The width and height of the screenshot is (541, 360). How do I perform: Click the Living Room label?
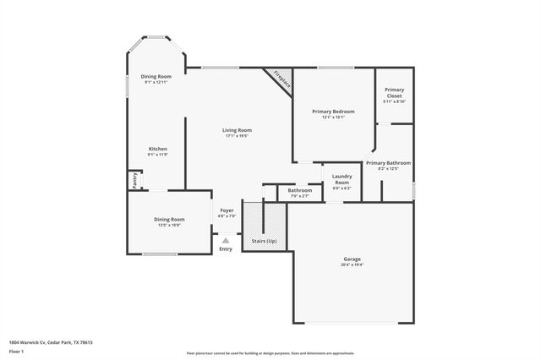click(238, 130)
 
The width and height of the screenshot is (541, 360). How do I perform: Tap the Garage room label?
click(352, 259)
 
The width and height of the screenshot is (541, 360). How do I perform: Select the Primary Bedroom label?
click(333, 112)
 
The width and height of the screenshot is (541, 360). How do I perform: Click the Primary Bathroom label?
click(388, 162)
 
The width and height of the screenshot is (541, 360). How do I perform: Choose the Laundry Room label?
click(342, 180)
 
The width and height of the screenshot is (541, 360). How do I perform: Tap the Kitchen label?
click(158, 149)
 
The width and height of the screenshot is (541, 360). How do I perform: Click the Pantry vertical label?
click(134, 180)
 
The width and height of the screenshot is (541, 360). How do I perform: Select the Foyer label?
click(227, 210)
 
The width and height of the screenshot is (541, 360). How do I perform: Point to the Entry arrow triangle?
click(226, 241)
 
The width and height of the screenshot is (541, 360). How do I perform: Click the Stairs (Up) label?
click(265, 242)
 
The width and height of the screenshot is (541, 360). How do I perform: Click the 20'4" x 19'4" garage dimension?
click(352, 265)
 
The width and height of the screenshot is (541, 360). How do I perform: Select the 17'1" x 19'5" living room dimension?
click(238, 136)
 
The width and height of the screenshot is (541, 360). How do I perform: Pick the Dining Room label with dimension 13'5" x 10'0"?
click(169, 220)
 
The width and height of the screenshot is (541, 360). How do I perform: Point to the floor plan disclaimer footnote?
click(270, 352)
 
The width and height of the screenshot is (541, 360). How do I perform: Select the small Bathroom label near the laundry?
click(299, 190)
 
